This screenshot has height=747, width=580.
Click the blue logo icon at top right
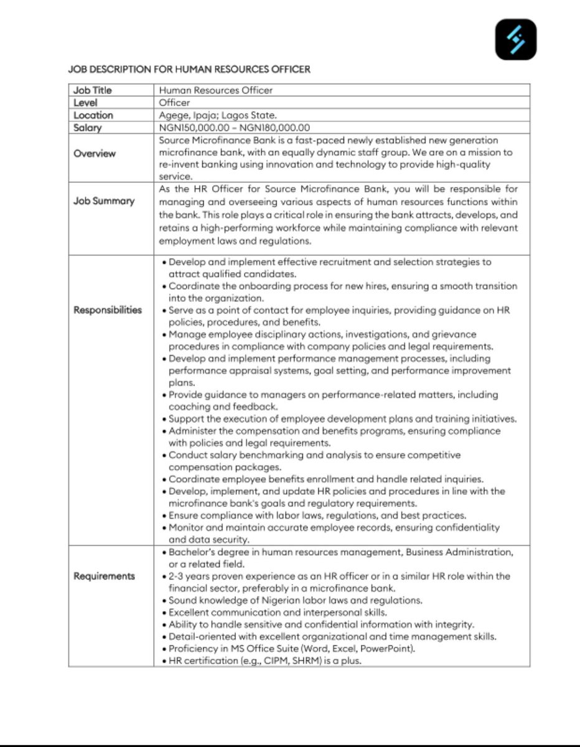(515, 39)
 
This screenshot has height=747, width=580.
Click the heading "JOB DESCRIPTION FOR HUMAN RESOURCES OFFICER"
(189, 69)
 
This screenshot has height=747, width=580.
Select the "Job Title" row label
(93, 90)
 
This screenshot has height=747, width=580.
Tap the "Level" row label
(85, 103)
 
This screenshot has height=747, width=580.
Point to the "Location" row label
(93, 115)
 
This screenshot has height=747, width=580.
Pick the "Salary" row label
(88, 128)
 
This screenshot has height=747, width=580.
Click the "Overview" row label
(95, 154)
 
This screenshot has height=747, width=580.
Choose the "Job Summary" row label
(104, 201)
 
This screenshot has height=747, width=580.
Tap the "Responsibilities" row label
(108, 310)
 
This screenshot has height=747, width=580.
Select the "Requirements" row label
(104, 576)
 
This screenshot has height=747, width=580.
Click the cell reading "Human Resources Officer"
(215, 90)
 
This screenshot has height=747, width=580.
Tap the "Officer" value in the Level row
(174, 103)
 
